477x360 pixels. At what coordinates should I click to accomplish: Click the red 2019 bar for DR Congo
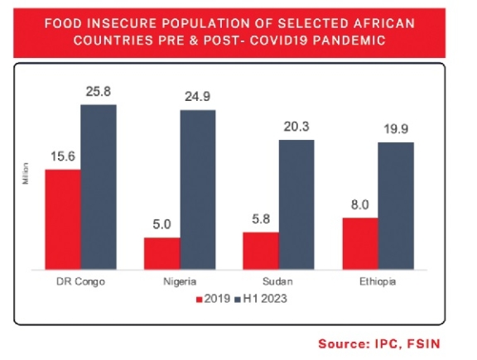63,219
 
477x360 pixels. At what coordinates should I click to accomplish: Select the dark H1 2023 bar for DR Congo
99,187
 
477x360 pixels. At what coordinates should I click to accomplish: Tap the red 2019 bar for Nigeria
162,253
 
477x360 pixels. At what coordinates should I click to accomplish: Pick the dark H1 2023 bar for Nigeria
198,190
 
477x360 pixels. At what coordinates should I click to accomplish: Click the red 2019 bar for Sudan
261,251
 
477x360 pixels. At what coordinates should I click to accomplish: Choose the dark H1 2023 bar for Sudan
296,204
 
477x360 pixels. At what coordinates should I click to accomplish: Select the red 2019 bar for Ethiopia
360,243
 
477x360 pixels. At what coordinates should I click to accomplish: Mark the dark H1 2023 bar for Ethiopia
396,206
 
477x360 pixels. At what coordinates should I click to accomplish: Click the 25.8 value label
99,90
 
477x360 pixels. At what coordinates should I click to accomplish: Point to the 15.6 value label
62,156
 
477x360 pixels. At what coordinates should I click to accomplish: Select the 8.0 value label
360,204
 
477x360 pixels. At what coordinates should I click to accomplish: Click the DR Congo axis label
81,281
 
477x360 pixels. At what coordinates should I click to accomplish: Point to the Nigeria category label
181,281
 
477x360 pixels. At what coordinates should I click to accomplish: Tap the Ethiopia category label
378,281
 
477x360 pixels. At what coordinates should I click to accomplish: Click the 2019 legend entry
212,297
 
